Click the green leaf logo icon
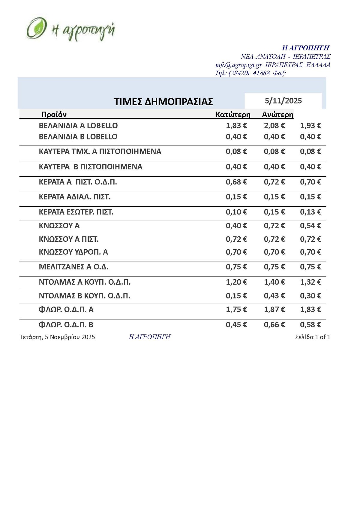click(36, 28)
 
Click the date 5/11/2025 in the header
click(283, 101)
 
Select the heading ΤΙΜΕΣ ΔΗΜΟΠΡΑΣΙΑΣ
click(163, 102)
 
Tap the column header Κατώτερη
click(233, 114)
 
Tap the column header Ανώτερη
click(277, 114)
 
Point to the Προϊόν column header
click(54, 114)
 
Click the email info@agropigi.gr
click(239, 65)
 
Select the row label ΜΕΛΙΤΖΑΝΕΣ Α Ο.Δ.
click(74, 267)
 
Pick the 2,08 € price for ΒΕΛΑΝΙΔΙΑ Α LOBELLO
click(274, 126)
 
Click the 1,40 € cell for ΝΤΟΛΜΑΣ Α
click(274, 282)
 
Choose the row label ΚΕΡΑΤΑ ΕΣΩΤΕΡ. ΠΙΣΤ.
click(76, 212)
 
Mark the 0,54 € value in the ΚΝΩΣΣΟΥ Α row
click(310, 226)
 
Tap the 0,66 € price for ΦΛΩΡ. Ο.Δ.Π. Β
click(274, 325)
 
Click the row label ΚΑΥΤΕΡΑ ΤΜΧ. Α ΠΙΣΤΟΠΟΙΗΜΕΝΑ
click(100, 151)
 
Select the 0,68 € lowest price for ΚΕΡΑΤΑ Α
click(236, 182)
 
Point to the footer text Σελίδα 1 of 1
click(313, 337)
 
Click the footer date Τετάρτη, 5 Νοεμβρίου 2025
click(57, 337)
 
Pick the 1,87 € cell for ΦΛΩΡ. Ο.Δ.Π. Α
click(274, 310)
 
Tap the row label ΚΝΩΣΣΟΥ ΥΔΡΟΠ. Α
click(73, 252)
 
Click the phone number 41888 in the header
click(261, 73)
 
